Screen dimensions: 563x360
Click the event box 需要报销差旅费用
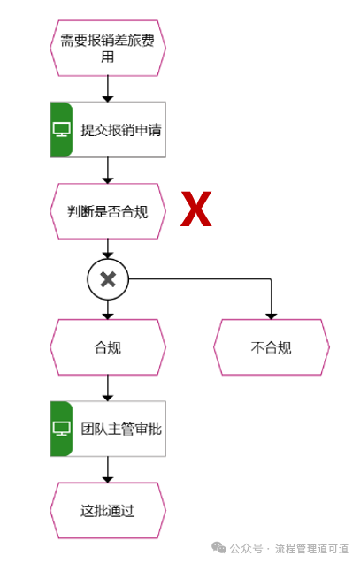tap(108, 48)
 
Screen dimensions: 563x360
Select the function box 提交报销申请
tap(120, 130)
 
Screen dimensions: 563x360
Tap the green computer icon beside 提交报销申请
tap(62, 130)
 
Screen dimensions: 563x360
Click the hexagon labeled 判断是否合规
tap(108, 211)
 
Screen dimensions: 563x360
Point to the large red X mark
tap(196, 210)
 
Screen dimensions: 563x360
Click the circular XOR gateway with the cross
tap(108, 279)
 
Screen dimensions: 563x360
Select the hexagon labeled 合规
tap(108, 347)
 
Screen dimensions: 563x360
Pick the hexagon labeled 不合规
tap(271, 347)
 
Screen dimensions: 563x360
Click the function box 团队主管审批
tap(120, 429)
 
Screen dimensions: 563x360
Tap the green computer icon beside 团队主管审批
tap(62, 429)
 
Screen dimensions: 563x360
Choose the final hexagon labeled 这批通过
tap(108, 510)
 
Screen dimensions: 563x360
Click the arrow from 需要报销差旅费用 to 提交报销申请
tap(108, 88)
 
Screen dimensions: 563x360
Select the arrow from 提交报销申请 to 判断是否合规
tap(108, 170)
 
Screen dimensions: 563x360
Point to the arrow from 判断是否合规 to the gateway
tap(108, 248)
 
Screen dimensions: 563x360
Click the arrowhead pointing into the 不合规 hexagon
tap(271, 315)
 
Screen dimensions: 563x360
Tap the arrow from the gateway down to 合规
tap(108, 309)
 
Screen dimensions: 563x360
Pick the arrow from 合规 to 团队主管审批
tap(108, 387)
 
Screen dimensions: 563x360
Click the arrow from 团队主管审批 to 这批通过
tap(108, 468)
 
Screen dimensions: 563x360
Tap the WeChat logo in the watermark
tap(218, 548)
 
